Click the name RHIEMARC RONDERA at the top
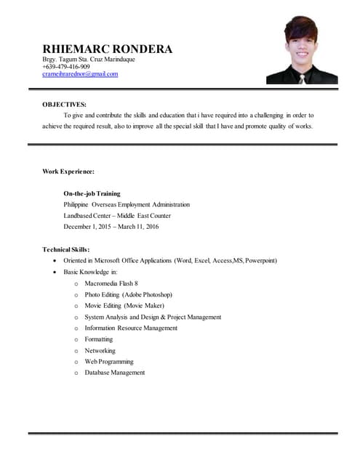pyautogui.click(x=108, y=49)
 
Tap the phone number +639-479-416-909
pyautogui.click(x=66, y=67)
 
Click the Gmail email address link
pyautogui.click(x=80, y=74)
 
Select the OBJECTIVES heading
pyautogui.click(x=64, y=105)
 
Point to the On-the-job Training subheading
pyautogui.click(x=92, y=194)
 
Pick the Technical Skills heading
pyautogui.click(x=66, y=249)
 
